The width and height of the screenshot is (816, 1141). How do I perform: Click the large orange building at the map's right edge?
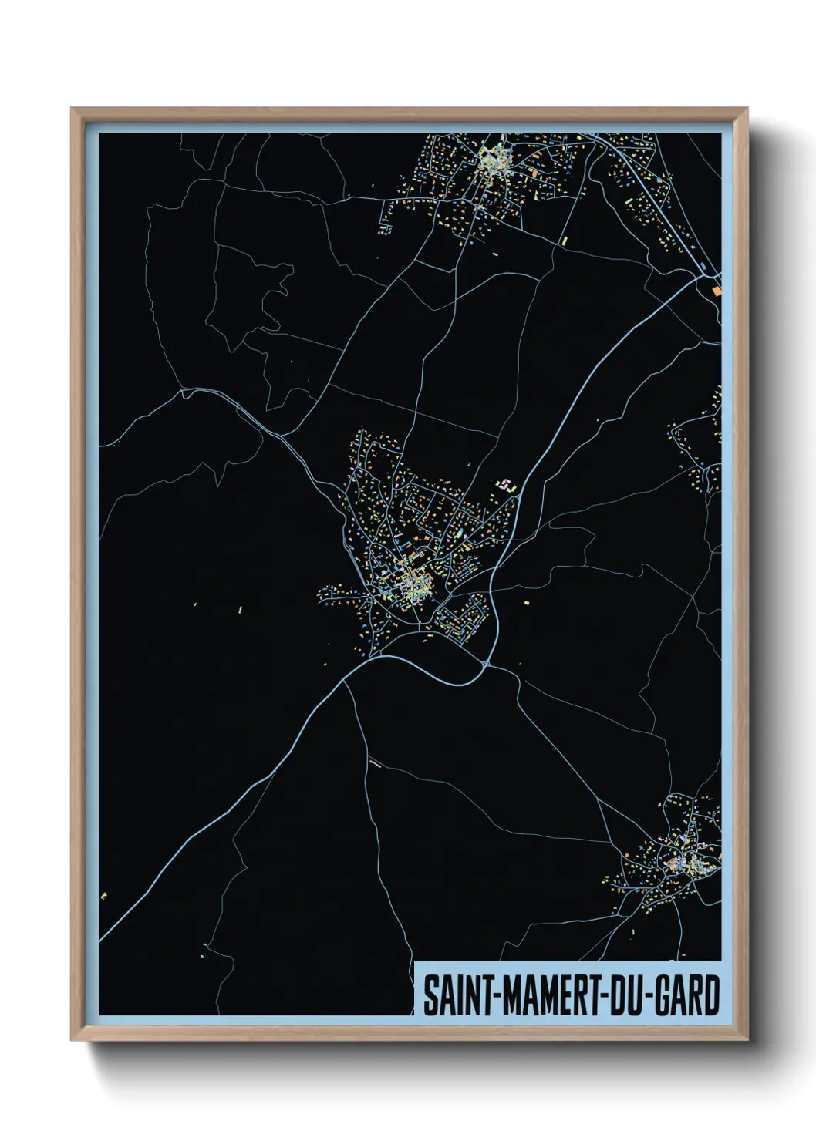(x=717, y=291)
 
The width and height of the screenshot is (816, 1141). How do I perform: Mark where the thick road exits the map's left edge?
(x=101, y=939)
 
